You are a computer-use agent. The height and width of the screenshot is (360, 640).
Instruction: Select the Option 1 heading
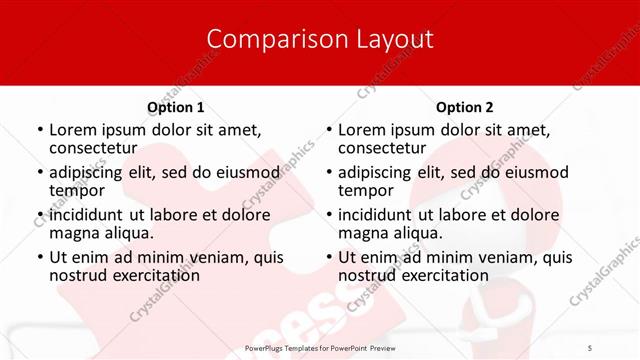pos(176,107)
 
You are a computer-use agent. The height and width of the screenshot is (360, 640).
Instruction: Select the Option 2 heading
pos(465,107)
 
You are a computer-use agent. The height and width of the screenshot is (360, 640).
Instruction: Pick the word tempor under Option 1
pos(77,190)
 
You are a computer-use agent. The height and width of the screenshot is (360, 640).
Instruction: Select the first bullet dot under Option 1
pos(39,130)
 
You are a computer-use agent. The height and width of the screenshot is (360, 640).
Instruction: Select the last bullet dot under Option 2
pos(328,256)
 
